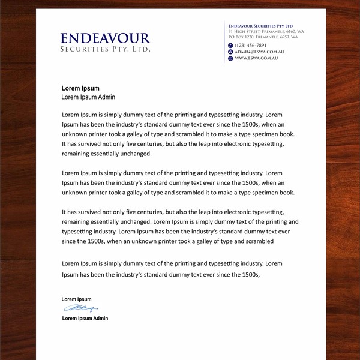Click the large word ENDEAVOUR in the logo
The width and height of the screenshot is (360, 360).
coord(105,38)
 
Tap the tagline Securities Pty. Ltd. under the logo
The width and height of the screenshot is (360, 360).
coord(105,49)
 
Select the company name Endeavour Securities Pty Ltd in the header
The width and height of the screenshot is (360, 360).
coord(260,26)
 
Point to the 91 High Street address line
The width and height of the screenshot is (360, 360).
coord(266,31)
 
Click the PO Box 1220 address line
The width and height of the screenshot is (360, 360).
coord(263,37)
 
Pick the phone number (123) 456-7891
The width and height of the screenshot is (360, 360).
coord(251,46)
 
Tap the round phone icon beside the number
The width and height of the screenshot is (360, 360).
coord(230,46)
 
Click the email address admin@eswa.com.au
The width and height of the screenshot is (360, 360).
coord(259,52)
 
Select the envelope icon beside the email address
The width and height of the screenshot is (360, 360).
coord(230,52)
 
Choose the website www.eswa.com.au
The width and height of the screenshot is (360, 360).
coord(256,58)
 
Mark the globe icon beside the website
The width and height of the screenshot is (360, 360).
coord(230,58)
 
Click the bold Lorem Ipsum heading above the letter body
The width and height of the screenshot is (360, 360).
coord(80,88)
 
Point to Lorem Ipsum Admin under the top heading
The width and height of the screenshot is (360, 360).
coord(88,97)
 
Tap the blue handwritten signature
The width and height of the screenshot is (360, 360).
coord(80,308)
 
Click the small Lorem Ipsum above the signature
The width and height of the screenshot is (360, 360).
coord(76,299)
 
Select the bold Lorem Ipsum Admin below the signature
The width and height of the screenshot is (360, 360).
coord(85,318)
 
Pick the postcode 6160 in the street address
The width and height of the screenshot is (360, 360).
coord(290,31)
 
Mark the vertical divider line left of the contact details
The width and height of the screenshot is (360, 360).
coord(224,41)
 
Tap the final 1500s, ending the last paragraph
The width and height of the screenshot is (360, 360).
coord(248,274)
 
